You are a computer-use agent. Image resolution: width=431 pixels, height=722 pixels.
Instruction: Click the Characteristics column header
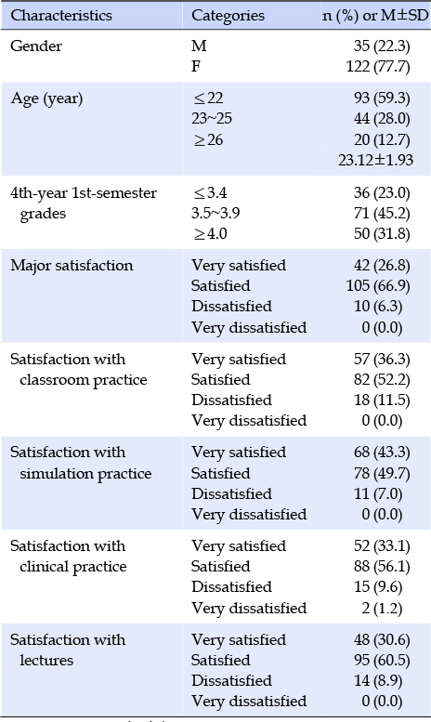point(61,16)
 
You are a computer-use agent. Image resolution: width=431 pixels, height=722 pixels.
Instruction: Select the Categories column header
point(228,16)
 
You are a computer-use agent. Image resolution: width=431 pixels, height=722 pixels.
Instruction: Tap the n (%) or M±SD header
point(375,16)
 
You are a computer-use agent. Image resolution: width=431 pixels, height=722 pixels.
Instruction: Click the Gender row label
point(36,46)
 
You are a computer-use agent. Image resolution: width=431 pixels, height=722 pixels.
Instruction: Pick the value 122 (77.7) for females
point(378,67)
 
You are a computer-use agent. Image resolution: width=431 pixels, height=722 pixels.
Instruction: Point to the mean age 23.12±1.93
point(376,160)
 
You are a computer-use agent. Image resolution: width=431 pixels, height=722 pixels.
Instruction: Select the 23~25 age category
point(212,119)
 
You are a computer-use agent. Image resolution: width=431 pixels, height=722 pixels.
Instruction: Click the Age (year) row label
point(46,98)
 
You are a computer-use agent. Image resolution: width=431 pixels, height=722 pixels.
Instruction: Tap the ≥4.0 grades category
point(210,234)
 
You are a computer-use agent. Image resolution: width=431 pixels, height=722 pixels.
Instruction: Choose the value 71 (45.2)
point(382,213)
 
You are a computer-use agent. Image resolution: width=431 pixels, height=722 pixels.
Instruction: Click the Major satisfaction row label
point(72,266)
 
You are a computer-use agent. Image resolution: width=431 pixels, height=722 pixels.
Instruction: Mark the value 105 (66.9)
point(378,286)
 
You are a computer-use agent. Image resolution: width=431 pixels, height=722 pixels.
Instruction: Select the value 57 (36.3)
point(382,360)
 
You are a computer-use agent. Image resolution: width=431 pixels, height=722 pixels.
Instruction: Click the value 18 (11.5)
point(382,400)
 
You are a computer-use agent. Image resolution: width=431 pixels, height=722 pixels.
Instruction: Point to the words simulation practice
point(85,473)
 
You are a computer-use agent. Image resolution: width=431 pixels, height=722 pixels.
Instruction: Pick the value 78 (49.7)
point(382,473)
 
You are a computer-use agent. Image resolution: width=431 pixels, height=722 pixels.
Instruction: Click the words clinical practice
point(73,567)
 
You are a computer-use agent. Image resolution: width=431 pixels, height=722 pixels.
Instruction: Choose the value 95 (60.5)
point(382,661)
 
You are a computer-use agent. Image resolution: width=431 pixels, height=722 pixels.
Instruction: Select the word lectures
point(46,661)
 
